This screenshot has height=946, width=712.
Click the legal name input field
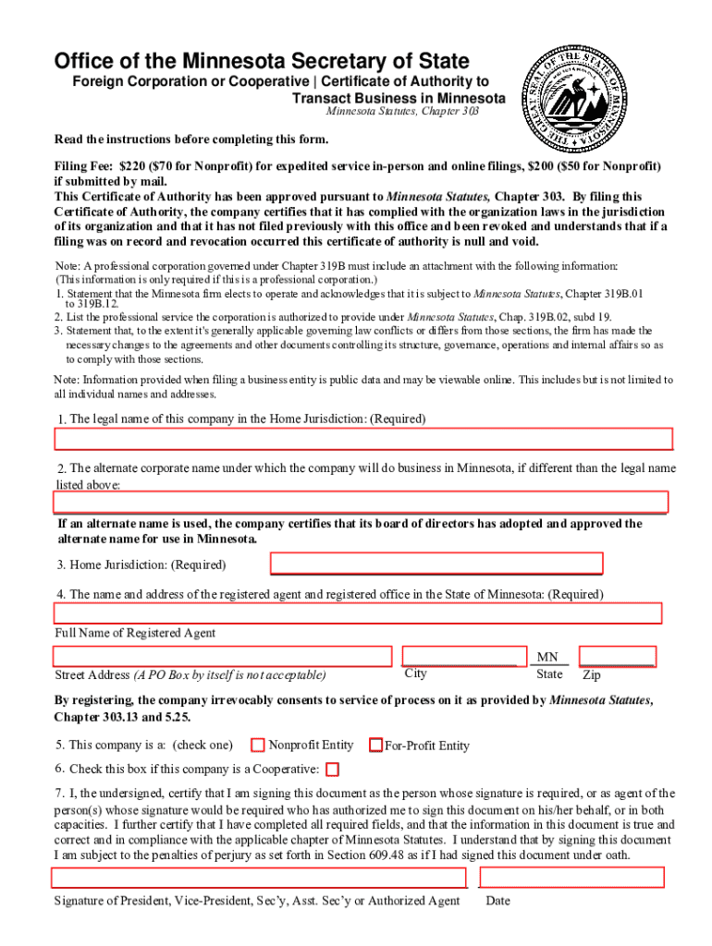point(362,440)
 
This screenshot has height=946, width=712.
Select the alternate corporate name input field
point(361,502)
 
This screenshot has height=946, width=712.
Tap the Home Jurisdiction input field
point(436,564)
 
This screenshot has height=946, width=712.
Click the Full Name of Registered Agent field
point(358,613)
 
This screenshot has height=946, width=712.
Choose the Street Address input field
point(222,656)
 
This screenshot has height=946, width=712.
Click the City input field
point(460,656)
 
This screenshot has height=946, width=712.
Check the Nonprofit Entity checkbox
point(259,745)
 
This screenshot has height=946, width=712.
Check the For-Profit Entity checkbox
point(376,745)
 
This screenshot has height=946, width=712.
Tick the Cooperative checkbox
point(333,770)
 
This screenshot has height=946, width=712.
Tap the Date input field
point(571,878)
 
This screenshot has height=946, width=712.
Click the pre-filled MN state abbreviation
point(547,657)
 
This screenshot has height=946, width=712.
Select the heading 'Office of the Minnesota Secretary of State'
point(262,62)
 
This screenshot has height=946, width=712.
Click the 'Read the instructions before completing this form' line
point(191,139)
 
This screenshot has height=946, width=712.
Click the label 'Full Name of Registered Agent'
point(135,633)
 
